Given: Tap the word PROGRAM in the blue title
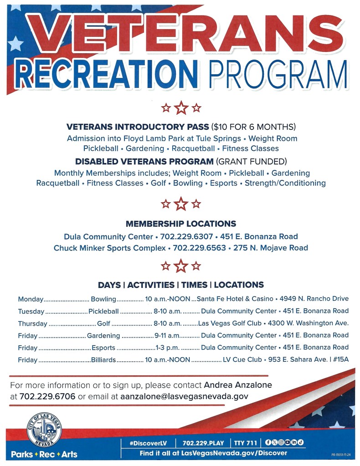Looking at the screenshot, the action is coord(278,74).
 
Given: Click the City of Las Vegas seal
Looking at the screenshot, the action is coord(44,430).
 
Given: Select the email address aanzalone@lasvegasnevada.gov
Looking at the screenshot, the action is coord(184,396).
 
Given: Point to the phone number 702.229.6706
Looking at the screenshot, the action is coord(47,396).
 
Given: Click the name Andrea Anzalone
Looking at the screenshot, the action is coord(238,385).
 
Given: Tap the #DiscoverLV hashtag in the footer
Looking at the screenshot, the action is coord(149,443).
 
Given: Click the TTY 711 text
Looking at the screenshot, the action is coord(245,443).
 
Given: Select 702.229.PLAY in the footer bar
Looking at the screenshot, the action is coord(203,443).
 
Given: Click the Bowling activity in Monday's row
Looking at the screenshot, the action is coord(103,299).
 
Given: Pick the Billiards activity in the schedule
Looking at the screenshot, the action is coord(103,360).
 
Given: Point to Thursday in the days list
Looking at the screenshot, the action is coord(33,323).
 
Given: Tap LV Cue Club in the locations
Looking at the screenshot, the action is coord(242,359).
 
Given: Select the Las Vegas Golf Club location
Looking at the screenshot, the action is coord(230,323).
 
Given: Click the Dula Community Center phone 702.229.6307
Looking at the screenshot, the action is coord(187,236).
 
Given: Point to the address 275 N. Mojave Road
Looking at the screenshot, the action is coord(271,248).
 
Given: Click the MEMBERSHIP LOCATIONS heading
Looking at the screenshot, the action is coord(181,224).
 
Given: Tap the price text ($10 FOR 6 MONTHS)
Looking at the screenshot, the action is coord(253,127).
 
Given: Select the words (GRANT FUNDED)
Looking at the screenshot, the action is coord(252,161).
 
